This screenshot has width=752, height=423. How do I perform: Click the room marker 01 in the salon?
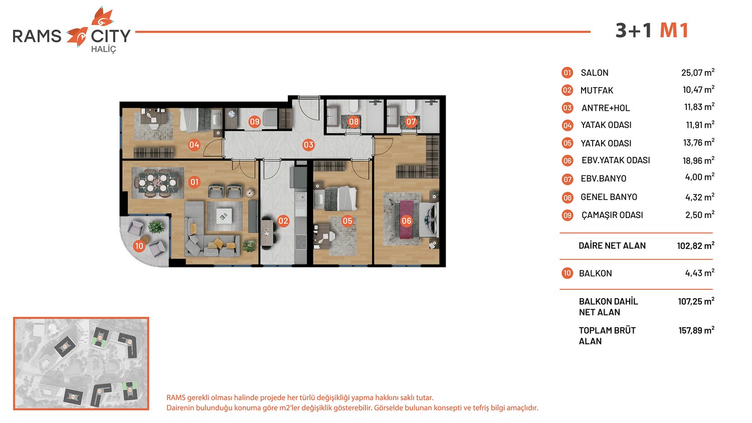pos(194,182)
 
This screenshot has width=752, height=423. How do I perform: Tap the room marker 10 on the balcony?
pos(139,246)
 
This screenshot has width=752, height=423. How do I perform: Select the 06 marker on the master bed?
pos(406,221)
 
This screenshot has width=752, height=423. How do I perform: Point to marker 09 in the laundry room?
pos(255,121)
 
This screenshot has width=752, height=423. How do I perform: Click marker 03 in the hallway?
pos(308,145)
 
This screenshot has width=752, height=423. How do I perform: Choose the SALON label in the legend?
pos(595,73)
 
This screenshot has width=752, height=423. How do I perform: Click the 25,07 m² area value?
pos(698,72)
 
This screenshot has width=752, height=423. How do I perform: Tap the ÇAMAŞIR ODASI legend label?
pos(612,215)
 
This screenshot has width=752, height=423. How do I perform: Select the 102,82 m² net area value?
pos(696,246)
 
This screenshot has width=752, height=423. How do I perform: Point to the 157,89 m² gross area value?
pos(697,330)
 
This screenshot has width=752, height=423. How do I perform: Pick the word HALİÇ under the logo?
pos(103,49)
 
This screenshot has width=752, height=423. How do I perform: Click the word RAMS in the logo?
pos(37,36)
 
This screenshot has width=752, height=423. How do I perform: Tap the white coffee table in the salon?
pos(224,216)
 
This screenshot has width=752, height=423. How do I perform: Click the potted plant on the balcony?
pos(156,227)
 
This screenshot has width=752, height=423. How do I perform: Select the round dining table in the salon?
pos(157,182)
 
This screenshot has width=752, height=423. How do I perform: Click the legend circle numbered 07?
pos(568,179)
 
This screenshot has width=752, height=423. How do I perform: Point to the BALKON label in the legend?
pos(595,273)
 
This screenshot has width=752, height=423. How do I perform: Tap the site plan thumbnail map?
pos(81,363)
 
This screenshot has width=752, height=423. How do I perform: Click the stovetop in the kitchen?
pos(300,241)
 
